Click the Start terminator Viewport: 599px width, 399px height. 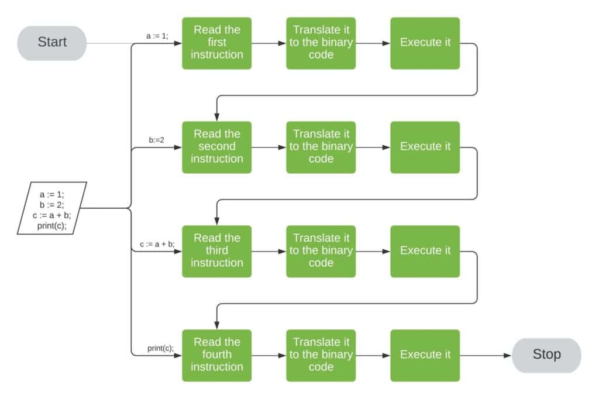pyautogui.click(x=52, y=43)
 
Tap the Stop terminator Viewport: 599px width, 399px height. pyautogui.click(x=546, y=355)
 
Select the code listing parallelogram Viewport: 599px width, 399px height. pyautogui.click(x=51, y=208)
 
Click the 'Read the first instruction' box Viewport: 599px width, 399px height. pyautogui.click(x=216, y=43)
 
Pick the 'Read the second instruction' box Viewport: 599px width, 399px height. pyautogui.click(x=216, y=147)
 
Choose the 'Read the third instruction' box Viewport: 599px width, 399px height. pyautogui.click(x=216, y=251)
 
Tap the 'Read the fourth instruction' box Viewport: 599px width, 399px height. pyautogui.click(x=216, y=355)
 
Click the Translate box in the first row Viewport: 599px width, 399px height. pyautogui.click(x=321, y=43)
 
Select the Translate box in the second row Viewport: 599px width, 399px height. pyautogui.click(x=321, y=147)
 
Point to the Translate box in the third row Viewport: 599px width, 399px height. pyautogui.click(x=321, y=251)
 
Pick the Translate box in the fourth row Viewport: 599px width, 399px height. pyautogui.click(x=321, y=355)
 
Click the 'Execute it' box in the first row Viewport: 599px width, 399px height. pyautogui.click(x=425, y=43)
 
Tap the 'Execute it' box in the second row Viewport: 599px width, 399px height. pyautogui.click(x=425, y=147)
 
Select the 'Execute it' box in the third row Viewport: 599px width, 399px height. pyautogui.click(x=425, y=251)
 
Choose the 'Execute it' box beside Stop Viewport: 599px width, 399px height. pyautogui.click(x=425, y=355)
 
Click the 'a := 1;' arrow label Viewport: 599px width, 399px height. pyautogui.click(x=157, y=36)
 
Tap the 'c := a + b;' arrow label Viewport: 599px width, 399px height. pyautogui.click(x=157, y=244)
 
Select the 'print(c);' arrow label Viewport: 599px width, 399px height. pyautogui.click(x=160, y=348)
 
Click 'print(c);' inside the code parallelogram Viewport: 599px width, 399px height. pyautogui.click(x=52, y=226)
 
